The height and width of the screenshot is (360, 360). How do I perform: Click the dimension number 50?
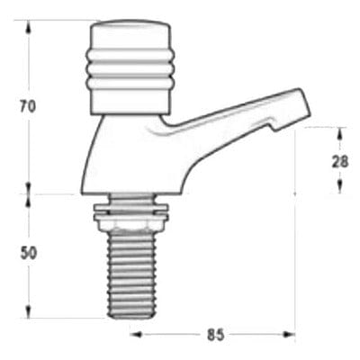(28, 254)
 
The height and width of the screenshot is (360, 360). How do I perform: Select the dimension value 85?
(215, 336)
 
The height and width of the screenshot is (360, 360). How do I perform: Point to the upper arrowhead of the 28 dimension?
(339, 132)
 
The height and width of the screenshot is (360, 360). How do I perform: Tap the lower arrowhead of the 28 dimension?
(339, 186)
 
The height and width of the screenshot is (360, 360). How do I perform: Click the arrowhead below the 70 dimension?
(28, 188)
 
